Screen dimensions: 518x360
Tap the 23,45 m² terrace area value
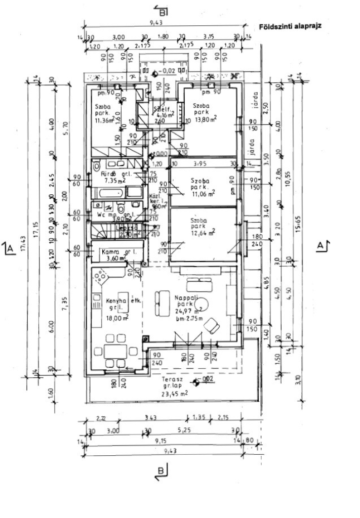174,394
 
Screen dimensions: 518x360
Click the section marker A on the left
9,248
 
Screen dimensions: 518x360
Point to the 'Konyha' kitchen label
116,301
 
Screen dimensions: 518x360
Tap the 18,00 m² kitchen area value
117,318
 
